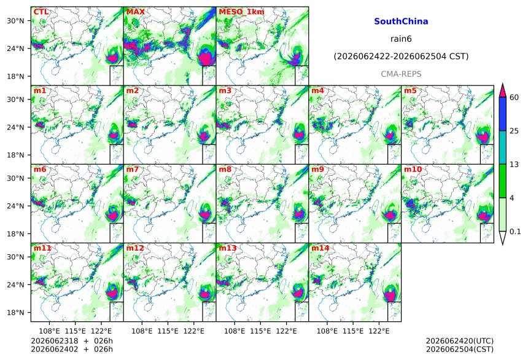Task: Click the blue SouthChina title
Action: (x=401, y=22)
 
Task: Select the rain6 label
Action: (x=401, y=39)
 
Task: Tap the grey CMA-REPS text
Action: (x=401, y=74)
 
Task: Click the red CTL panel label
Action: (x=41, y=12)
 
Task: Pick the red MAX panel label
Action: (x=135, y=12)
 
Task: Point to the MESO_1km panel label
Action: (x=241, y=12)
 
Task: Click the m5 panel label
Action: (x=410, y=91)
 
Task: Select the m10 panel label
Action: (x=413, y=169)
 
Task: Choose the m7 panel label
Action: (x=133, y=169)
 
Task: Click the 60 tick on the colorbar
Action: (x=514, y=98)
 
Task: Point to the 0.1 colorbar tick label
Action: (x=515, y=232)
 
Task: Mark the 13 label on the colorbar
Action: (x=514, y=165)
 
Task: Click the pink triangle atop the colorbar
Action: (x=503, y=90)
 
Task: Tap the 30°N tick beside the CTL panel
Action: (x=15, y=21)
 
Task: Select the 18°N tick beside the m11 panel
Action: (x=15, y=313)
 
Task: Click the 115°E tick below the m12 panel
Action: (x=168, y=331)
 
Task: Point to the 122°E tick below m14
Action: (x=379, y=331)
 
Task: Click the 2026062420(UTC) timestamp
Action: (x=460, y=341)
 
